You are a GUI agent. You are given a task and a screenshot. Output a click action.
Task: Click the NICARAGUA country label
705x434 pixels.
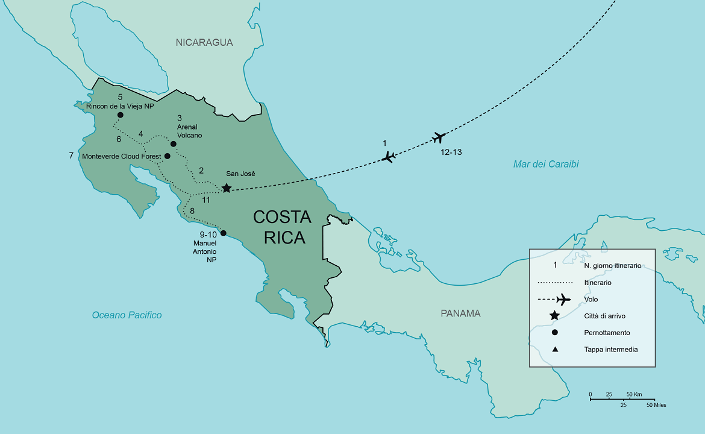pos(204,42)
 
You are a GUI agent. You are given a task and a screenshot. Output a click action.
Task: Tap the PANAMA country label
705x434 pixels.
pos(460,313)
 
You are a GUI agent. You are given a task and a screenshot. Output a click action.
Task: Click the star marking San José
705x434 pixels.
pos(226,188)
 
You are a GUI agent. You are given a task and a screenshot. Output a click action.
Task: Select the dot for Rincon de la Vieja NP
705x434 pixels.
pos(120,115)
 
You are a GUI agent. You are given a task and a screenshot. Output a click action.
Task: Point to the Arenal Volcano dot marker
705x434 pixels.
pos(174,144)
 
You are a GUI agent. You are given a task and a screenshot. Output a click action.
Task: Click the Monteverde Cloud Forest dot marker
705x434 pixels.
pos(168,156)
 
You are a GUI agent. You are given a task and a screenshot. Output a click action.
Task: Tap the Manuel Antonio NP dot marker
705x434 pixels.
pos(223,233)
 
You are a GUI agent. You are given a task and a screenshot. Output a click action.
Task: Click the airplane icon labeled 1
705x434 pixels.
pos(389,157)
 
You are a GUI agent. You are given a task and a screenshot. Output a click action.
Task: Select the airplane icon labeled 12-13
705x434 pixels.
pos(439,137)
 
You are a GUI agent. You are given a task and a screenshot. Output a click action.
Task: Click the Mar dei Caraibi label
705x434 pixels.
pos(546,164)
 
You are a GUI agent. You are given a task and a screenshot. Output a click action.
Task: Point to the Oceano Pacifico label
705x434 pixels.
pos(127,315)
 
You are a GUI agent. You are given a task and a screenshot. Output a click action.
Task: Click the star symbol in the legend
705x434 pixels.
pos(554,316)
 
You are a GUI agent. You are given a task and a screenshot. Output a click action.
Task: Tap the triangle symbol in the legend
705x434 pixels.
pos(554,350)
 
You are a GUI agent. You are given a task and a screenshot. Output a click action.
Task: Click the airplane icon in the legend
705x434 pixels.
pos(563,300)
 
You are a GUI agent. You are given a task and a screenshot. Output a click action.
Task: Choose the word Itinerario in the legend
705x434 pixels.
pos(598,282)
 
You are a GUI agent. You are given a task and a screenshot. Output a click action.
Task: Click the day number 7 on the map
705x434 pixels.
pos(71,156)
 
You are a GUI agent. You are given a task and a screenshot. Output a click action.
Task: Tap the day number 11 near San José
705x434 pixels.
pos(206,200)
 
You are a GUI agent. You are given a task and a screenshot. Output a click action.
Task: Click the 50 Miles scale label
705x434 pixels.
pos(656,405)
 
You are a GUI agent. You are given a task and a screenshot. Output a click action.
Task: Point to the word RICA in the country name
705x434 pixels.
pos(284,237)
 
